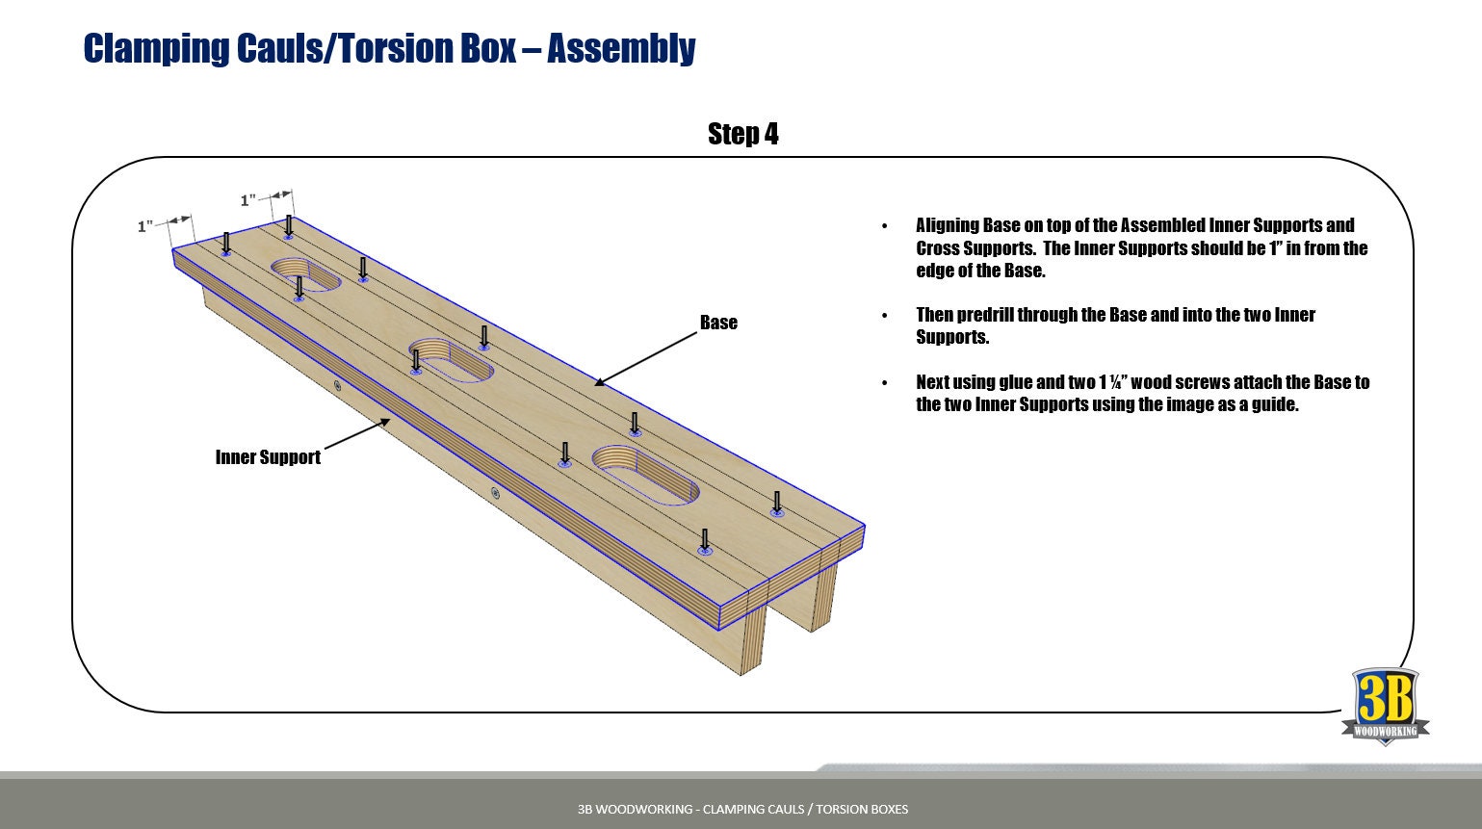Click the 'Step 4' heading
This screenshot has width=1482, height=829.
coord(742,134)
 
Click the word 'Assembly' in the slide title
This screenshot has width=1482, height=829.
coord(621,48)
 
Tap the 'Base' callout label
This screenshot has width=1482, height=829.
coord(718,323)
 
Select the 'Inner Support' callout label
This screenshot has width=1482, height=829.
coord(268,457)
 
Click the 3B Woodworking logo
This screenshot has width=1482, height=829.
coord(1385,706)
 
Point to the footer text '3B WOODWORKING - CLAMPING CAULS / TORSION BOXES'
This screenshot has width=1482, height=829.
coord(742,809)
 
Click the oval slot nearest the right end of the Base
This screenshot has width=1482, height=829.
coord(645,474)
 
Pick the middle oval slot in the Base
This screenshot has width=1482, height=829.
coord(451,359)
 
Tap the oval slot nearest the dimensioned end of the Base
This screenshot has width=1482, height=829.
coord(305,273)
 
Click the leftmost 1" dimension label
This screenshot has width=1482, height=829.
coord(145,226)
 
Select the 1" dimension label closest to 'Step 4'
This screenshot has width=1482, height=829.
coord(248,200)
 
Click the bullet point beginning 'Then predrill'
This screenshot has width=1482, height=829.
coord(1115,325)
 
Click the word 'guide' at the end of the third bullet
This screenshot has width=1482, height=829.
coord(1273,404)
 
